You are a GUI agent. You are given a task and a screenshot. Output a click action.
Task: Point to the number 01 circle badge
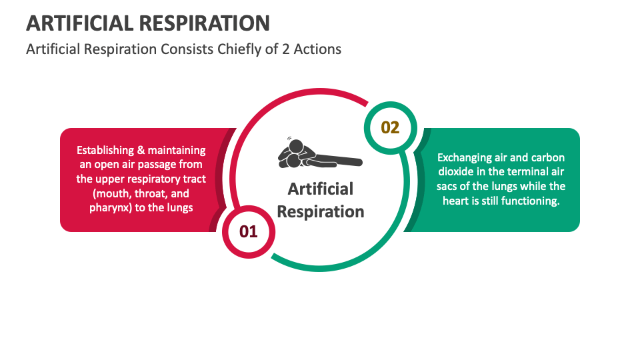[248, 231]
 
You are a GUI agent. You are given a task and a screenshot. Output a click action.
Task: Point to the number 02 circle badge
[390, 127]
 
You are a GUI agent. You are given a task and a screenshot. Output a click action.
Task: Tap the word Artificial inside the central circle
[320, 189]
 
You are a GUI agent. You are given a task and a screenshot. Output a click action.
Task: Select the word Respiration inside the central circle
[320, 212]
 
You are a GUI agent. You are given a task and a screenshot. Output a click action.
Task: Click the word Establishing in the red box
[105, 151]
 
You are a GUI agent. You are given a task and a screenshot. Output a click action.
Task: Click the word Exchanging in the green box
[465, 158]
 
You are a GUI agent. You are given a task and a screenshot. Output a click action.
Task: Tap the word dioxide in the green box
[455, 172]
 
